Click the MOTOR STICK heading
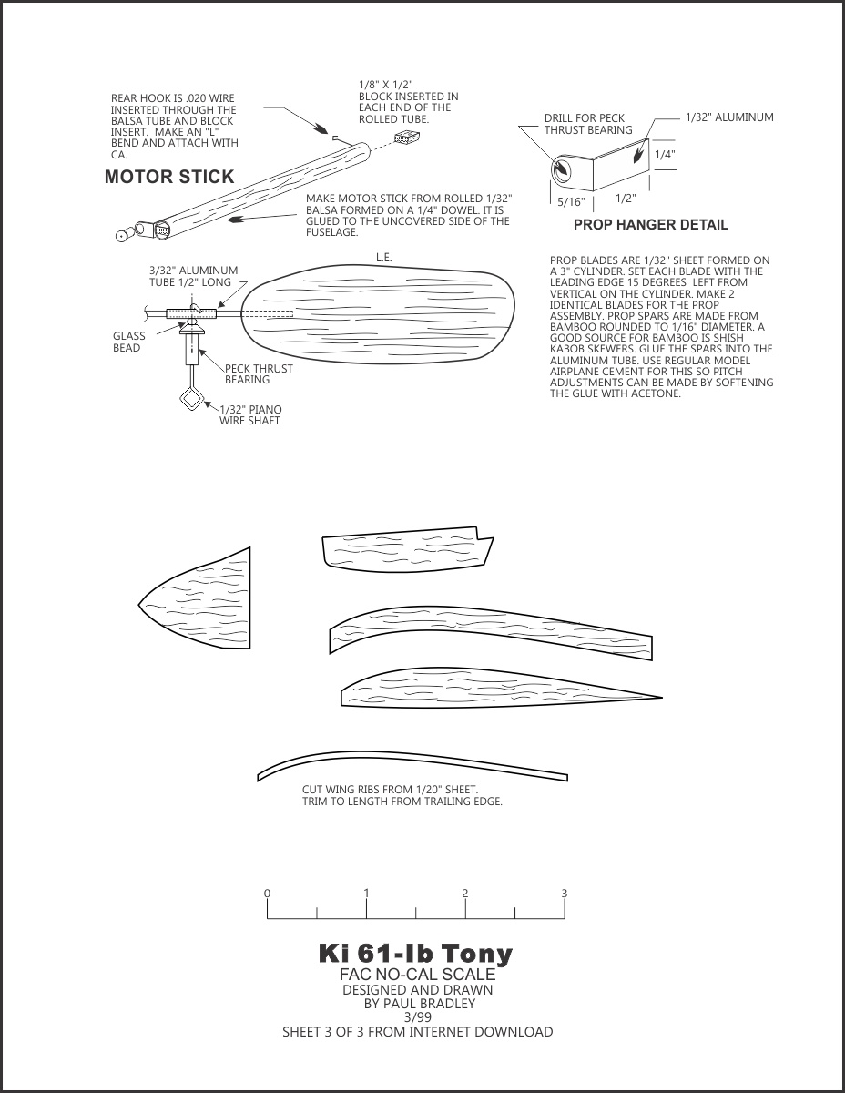169,177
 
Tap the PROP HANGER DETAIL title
650,224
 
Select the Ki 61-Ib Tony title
415,954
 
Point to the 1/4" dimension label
665,155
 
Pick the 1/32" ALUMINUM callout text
729,117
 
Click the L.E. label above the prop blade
384,258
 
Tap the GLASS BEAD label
129,342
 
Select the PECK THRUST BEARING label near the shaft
259,374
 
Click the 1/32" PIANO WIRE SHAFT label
250,415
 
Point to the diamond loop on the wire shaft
192,400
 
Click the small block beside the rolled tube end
405,138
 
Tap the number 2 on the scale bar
465,894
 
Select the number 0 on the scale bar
267,894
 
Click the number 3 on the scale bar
565,894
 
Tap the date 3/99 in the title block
417,1017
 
